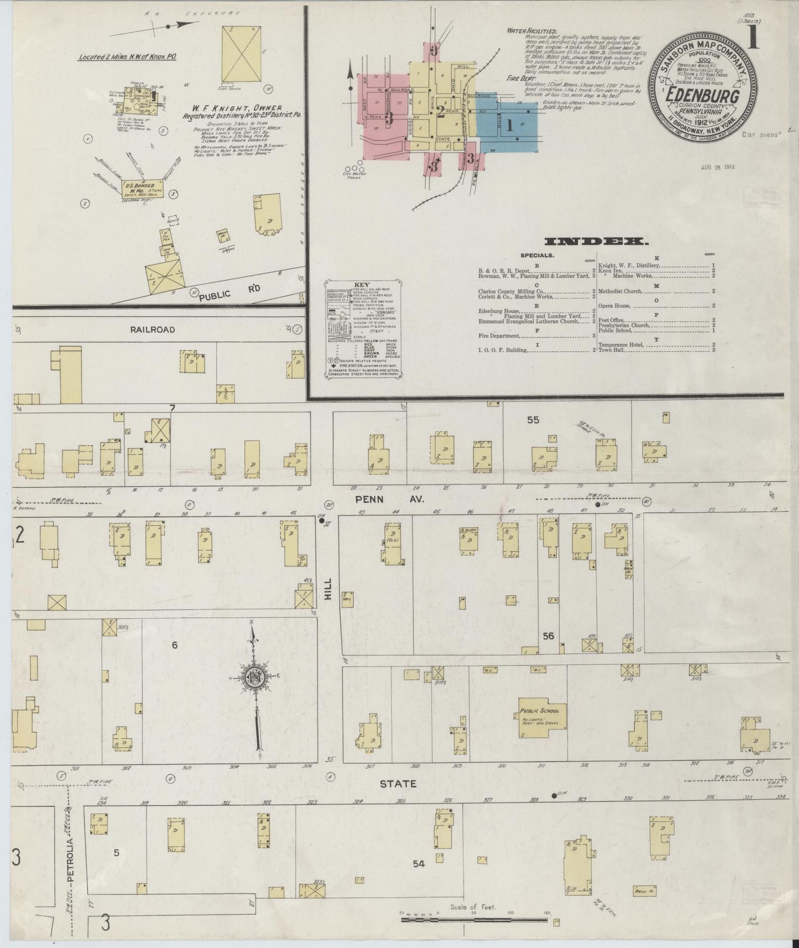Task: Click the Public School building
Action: pos(539,720)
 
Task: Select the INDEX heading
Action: pos(596,241)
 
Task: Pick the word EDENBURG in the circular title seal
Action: pos(703,96)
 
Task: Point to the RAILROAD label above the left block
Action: pos(152,329)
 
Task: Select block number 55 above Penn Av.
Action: pos(532,420)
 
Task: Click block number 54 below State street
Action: pos(419,864)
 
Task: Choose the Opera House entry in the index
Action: pos(614,305)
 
